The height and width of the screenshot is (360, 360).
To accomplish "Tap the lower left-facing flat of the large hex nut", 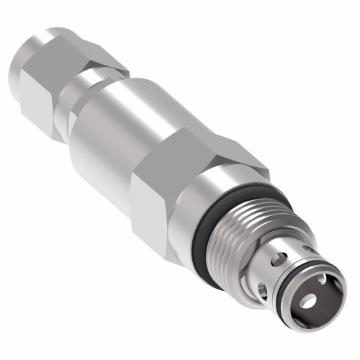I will click(x=155, y=209).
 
